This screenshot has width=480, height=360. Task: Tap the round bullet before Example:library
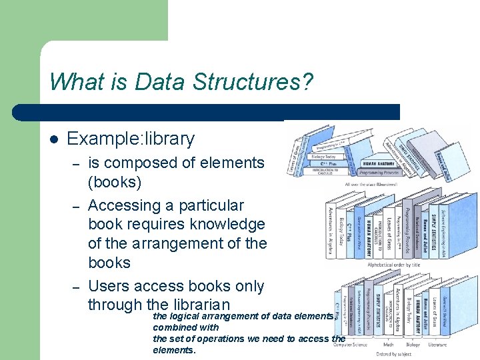point(54,140)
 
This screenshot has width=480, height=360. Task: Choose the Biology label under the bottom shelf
point(412,344)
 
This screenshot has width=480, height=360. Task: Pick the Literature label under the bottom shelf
point(437,344)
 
